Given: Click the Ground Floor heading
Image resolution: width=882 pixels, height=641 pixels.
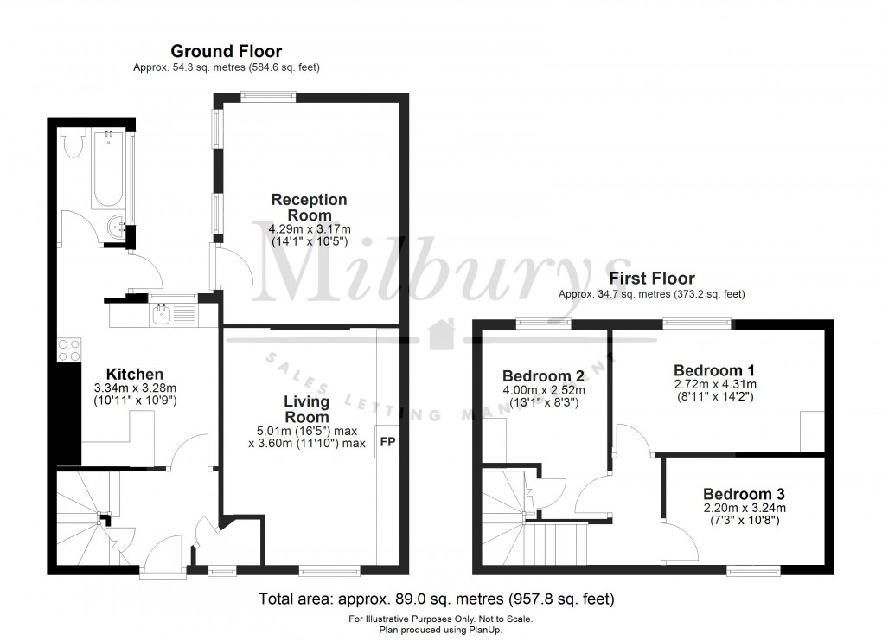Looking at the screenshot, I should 226,52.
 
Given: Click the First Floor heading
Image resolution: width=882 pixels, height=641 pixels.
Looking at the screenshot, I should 652,279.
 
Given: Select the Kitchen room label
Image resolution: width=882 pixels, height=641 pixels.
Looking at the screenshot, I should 135,374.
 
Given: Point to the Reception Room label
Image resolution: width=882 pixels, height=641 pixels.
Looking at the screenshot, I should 309,207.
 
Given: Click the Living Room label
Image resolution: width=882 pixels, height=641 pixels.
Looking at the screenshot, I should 306,409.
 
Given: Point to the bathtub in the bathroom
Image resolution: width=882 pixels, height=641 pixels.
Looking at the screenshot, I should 109,169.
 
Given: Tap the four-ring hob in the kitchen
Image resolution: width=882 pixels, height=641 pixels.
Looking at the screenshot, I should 68,350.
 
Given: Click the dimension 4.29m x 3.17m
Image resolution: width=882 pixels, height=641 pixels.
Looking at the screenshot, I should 309,228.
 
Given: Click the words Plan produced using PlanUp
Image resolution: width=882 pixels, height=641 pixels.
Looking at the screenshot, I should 441,630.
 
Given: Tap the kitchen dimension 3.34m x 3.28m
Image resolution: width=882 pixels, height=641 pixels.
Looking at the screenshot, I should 135,388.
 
